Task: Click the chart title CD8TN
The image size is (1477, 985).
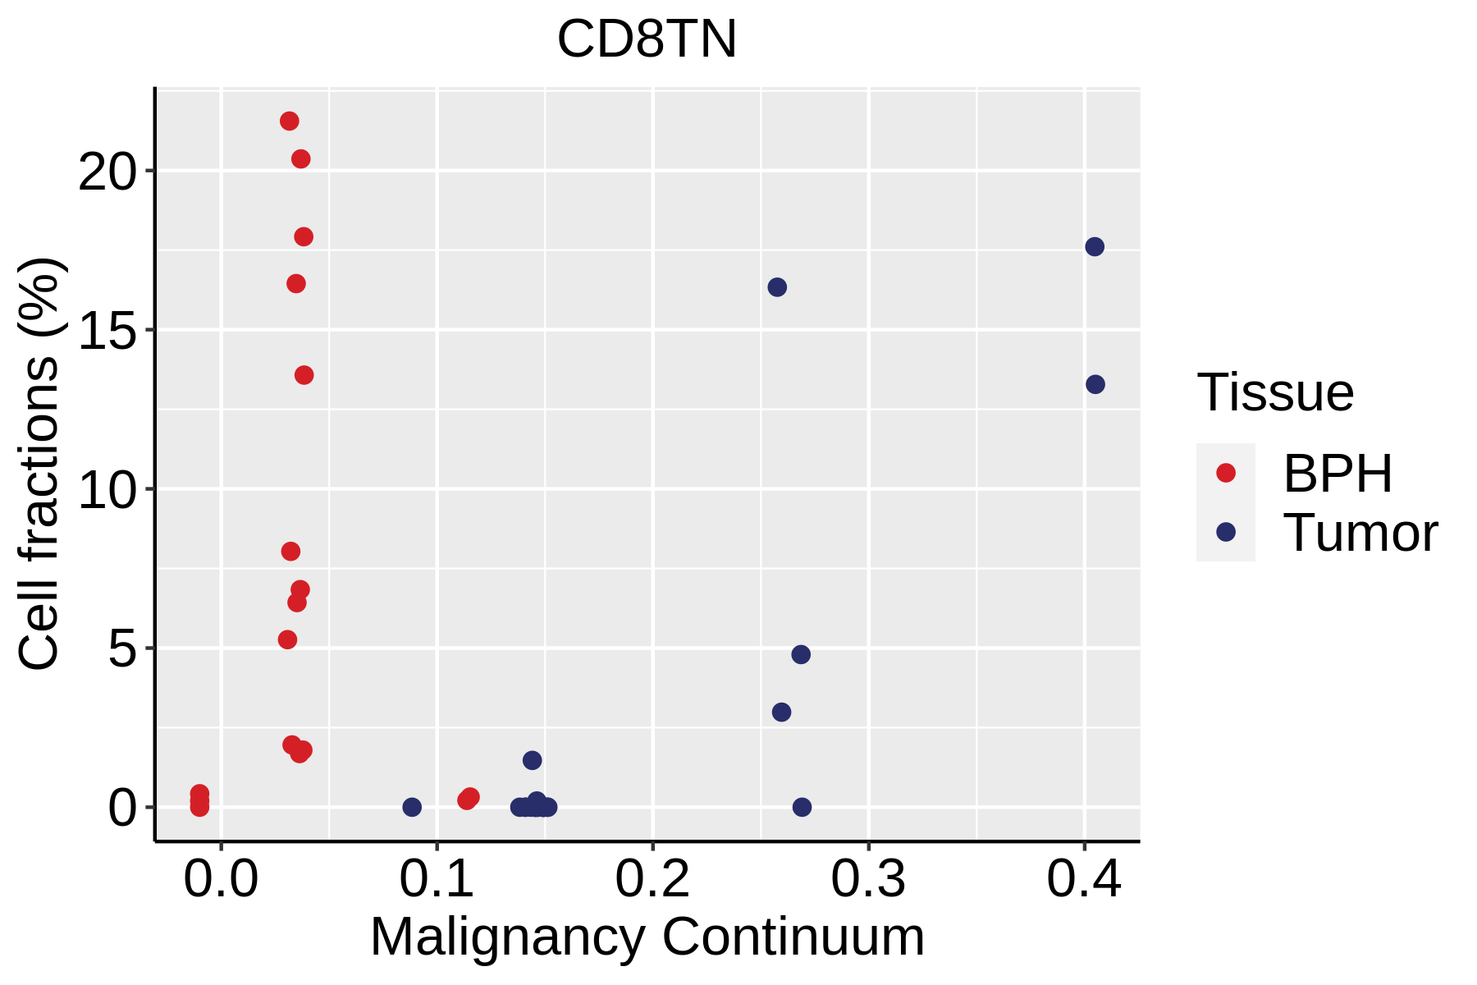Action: click(x=647, y=39)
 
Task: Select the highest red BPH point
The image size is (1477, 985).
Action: click(x=289, y=121)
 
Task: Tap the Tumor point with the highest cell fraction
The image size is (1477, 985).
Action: click(x=1095, y=247)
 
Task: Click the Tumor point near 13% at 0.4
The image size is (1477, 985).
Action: click(x=1095, y=384)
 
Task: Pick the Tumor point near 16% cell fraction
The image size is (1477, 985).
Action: click(x=777, y=287)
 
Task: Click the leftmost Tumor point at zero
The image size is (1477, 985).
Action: click(x=412, y=807)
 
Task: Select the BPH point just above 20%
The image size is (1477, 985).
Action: click(x=301, y=159)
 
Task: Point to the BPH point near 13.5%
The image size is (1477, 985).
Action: click(x=304, y=375)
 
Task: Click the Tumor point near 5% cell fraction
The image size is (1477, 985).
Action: click(x=801, y=654)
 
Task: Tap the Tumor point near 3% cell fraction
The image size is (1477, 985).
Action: click(x=781, y=712)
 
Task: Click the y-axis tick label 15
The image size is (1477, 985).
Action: click(x=106, y=331)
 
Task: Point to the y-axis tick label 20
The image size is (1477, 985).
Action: click(x=106, y=172)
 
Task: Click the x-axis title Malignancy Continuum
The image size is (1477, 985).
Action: click(x=647, y=937)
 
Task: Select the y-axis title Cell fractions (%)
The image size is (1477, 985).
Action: click(x=39, y=464)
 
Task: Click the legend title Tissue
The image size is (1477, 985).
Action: click(x=1275, y=392)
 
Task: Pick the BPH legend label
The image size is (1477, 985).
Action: click(x=1338, y=474)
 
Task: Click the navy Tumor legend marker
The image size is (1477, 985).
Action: click(x=1226, y=532)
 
